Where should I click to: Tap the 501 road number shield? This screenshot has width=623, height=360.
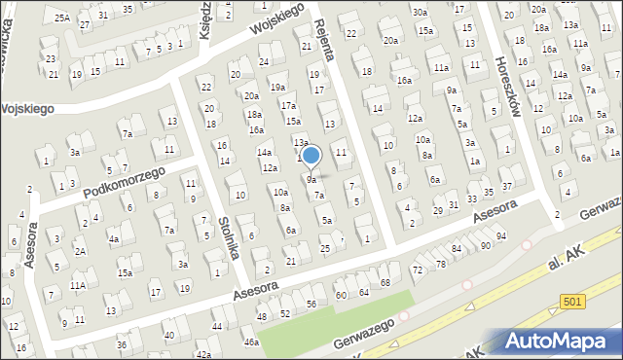(x=573, y=303)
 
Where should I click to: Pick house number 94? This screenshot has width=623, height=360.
(x=501, y=236)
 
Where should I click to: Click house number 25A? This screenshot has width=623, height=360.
(x=62, y=18)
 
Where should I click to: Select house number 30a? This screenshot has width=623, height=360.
(x=419, y=13)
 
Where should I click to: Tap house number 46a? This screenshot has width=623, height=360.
(x=251, y=342)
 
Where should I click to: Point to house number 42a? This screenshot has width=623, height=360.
(x=203, y=355)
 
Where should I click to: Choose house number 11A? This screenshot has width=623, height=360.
(x=78, y=285)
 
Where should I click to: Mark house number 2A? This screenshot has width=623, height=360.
(x=82, y=252)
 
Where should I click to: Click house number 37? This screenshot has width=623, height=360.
(x=507, y=186)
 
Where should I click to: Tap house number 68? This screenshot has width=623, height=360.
(x=385, y=282)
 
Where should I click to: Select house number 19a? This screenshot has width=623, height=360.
(x=277, y=88)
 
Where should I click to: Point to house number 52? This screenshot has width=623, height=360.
(x=286, y=313)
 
